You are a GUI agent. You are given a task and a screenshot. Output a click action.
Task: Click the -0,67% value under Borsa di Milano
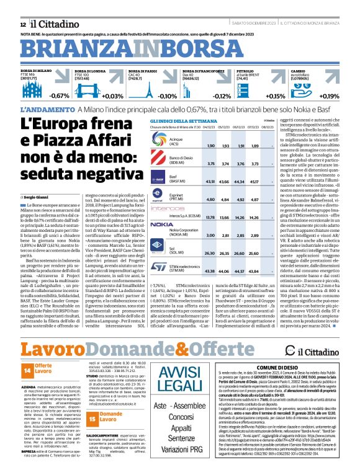click(60, 96)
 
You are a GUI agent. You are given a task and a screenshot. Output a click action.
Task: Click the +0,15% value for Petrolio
click(274, 96)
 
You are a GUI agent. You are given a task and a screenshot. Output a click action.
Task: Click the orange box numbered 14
click(27, 370)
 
